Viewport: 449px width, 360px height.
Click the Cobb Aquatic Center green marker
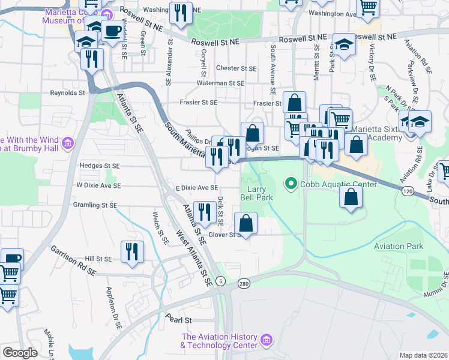[x=292, y=184]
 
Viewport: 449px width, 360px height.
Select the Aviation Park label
[x=398, y=246]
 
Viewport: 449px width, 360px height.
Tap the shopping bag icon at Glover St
[x=246, y=223]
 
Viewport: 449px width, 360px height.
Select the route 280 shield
[x=243, y=283]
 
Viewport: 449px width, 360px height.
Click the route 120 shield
[x=408, y=190]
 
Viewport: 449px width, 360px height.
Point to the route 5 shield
[x=221, y=281]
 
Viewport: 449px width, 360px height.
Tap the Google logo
[x=20, y=353]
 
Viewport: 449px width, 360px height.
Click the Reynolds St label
[x=67, y=93]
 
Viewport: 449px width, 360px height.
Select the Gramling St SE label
[x=92, y=205]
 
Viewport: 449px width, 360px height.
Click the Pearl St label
[x=179, y=320]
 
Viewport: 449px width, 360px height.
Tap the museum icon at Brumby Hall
[x=67, y=143]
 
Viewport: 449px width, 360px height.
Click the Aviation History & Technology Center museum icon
[x=267, y=341]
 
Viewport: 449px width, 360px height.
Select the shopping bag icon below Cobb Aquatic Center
[x=351, y=196]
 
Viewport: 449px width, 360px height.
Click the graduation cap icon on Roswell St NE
[x=344, y=44]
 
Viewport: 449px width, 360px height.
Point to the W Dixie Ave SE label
[x=98, y=185]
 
